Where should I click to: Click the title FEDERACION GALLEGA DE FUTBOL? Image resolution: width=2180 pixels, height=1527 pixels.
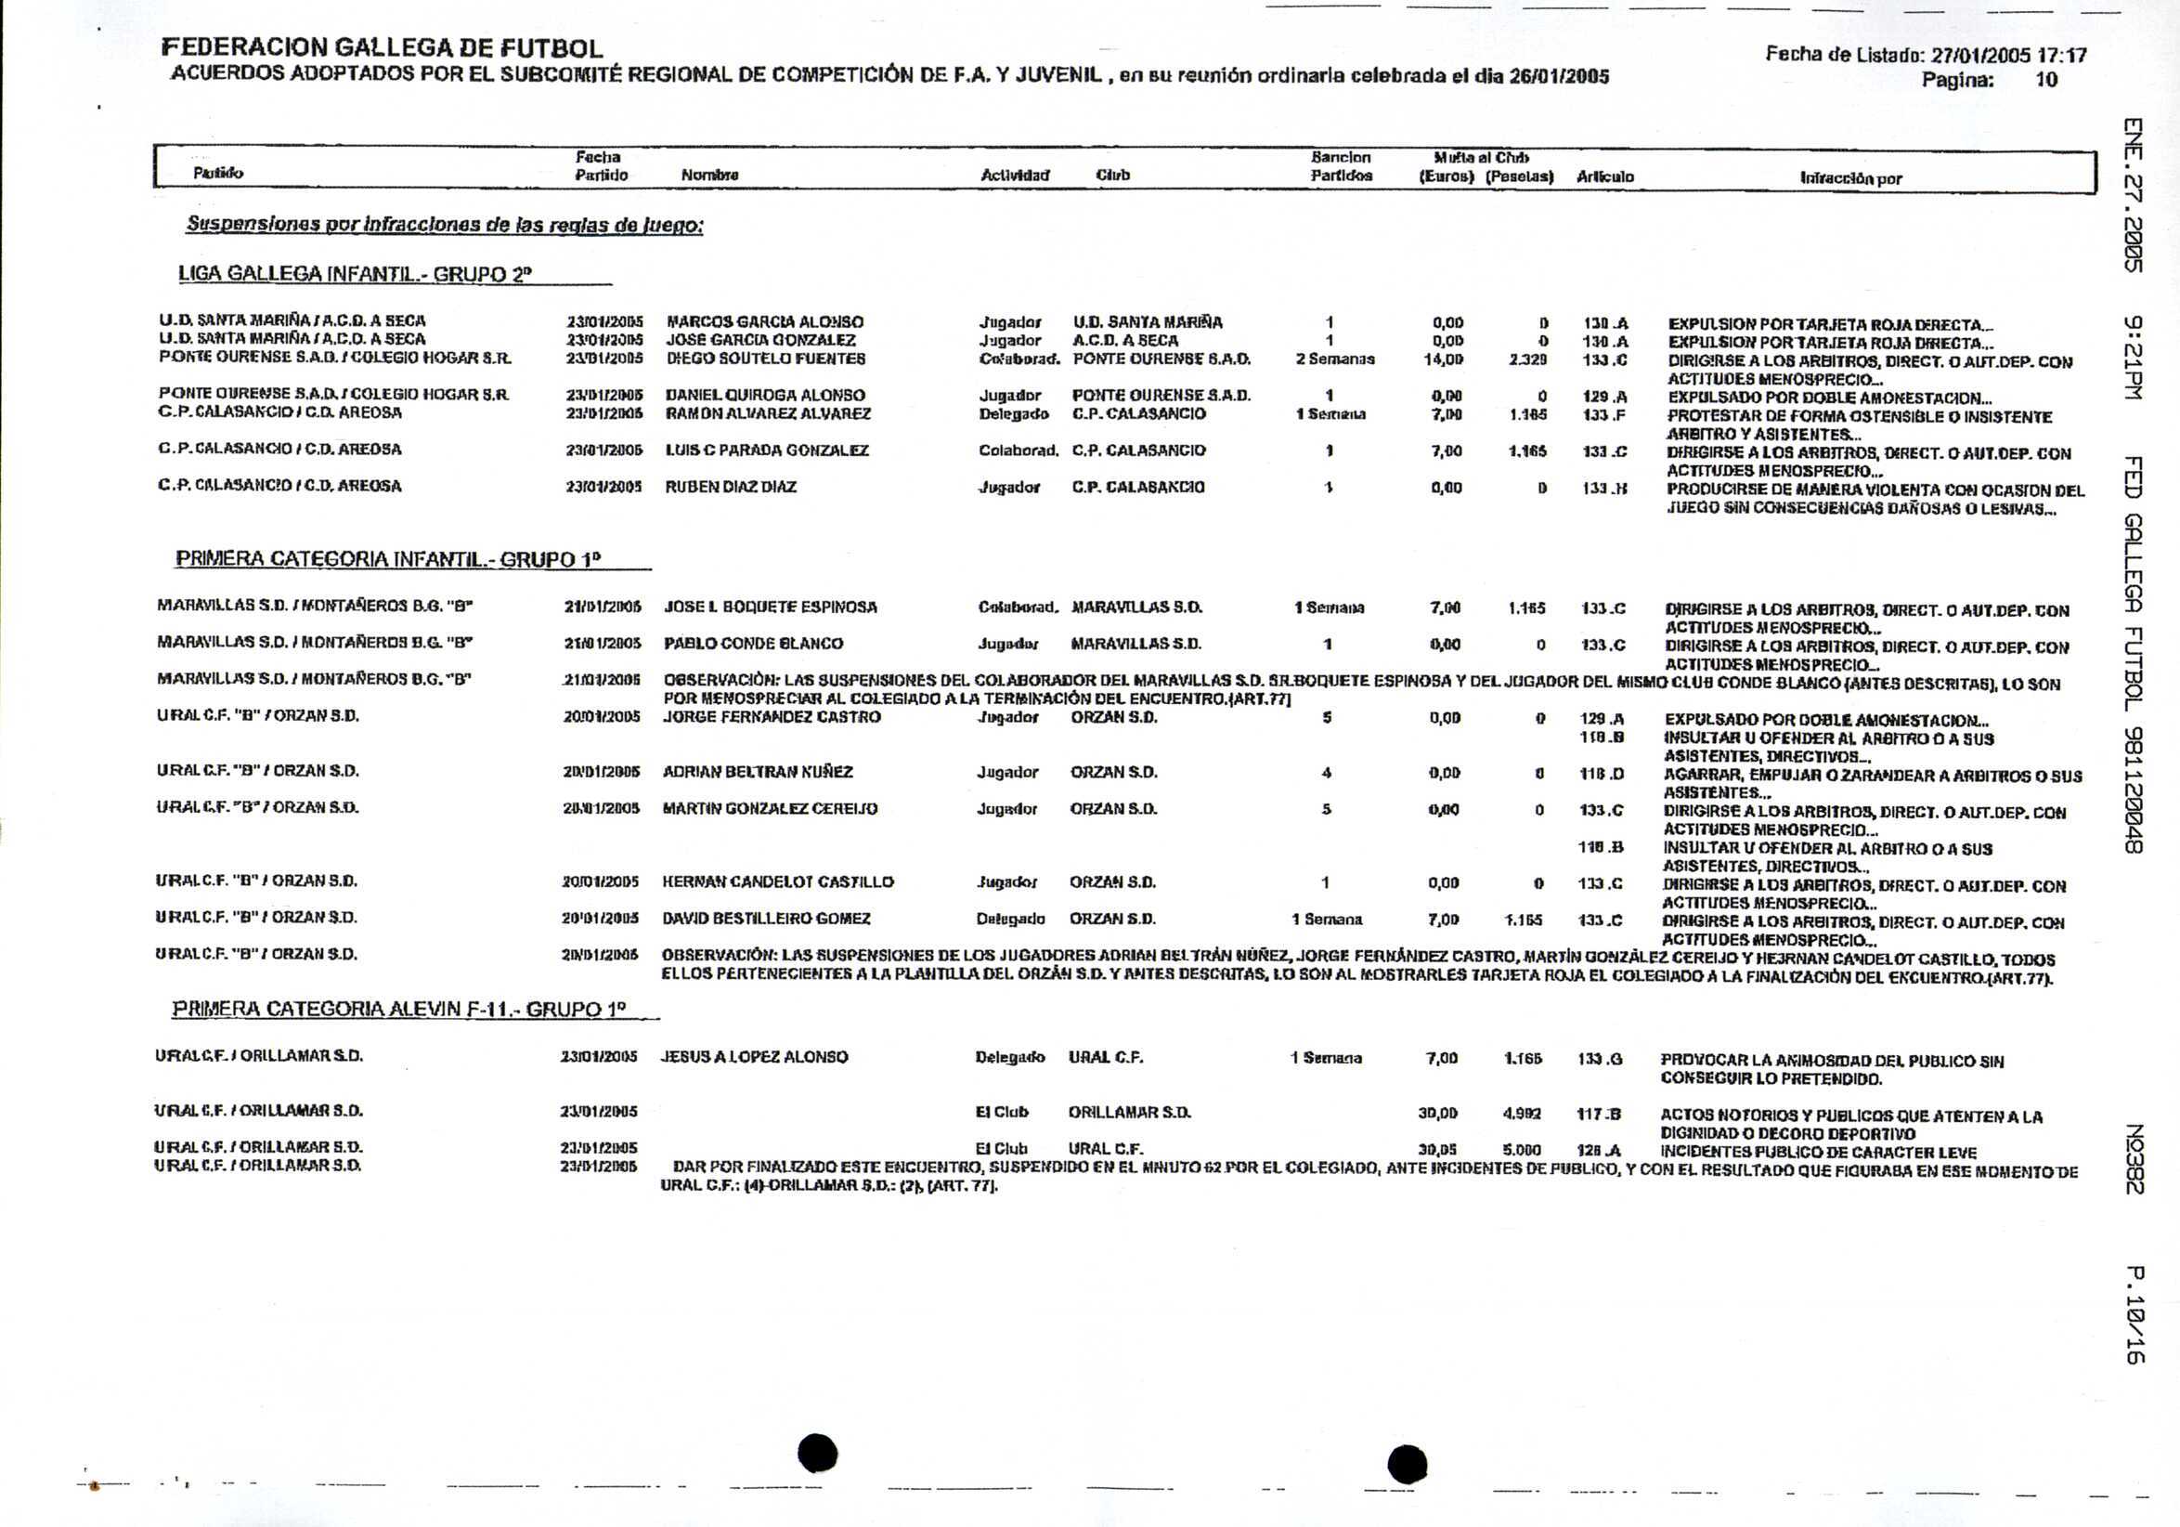click(x=382, y=47)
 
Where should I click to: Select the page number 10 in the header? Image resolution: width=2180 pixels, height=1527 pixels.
click(x=2045, y=80)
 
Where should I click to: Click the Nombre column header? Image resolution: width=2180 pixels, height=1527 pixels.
click(x=709, y=176)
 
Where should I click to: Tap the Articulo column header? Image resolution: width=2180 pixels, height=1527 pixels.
click(x=1604, y=176)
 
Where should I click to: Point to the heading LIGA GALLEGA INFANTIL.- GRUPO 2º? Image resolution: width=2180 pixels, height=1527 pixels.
click(x=355, y=274)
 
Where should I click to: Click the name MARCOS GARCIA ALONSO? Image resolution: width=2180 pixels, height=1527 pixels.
click(x=764, y=322)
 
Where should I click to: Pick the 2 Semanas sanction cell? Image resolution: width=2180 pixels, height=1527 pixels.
click(x=1334, y=359)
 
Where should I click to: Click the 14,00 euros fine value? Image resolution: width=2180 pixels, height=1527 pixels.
click(x=1442, y=359)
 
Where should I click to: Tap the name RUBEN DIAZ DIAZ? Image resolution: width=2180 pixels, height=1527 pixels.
click(x=730, y=487)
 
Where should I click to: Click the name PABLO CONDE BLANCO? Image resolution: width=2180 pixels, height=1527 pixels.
click(x=753, y=644)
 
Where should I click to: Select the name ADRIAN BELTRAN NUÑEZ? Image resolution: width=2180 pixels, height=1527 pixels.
click(x=757, y=772)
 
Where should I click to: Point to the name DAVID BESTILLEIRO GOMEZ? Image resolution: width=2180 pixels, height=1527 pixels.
click(x=765, y=919)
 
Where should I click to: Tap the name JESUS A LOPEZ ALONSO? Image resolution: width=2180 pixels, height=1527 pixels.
click(x=754, y=1057)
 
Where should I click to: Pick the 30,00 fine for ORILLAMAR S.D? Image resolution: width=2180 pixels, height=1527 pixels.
click(x=1437, y=1113)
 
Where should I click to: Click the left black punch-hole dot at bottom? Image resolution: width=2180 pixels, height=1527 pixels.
click(x=817, y=1453)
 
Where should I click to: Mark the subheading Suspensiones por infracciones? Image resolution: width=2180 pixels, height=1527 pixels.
click(x=445, y=225)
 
